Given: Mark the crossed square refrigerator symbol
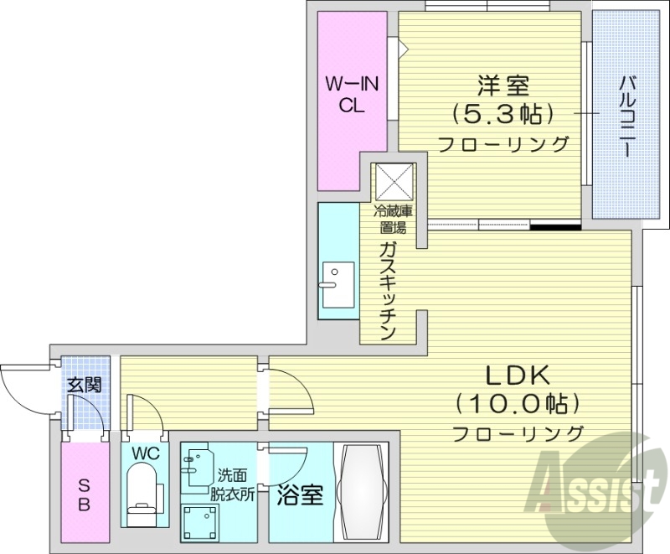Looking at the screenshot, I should [x=394, y=182].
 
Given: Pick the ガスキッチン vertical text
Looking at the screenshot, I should [x=386, y=290].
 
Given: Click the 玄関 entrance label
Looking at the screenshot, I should [x=84, y=386].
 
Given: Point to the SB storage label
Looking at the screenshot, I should [x=85, y=494].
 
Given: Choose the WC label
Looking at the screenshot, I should [x=145, y=453].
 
